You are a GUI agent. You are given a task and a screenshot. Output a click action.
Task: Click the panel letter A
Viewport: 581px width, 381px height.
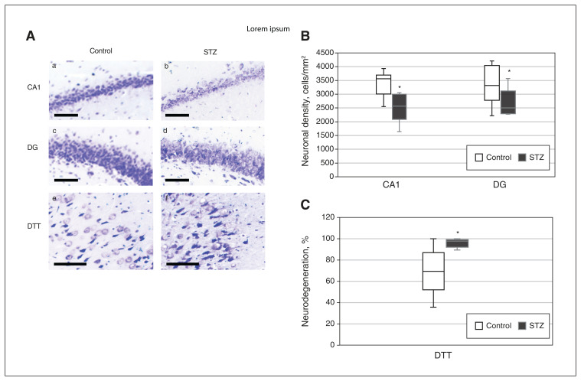pos(31,36)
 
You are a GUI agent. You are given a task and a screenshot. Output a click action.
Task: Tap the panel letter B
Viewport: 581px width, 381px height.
pos(305,36)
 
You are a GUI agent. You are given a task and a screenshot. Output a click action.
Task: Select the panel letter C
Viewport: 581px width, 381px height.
pos(305,205)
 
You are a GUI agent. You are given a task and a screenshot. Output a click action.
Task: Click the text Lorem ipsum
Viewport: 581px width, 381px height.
pos(268,29)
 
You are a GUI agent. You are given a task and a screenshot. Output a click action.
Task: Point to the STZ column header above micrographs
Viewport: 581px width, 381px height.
pos(210,52)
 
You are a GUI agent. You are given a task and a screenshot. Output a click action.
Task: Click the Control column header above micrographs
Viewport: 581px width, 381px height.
pos(101,51)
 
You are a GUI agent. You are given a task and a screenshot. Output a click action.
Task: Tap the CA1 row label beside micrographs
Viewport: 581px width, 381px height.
pos(34,87)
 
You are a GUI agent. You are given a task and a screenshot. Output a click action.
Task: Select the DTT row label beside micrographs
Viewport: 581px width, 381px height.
pos(34,226)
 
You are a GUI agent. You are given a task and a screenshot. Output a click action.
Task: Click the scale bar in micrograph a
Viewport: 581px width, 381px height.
pos(66,116)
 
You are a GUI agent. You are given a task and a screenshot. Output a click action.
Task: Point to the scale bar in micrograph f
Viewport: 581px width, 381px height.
pos(183,264)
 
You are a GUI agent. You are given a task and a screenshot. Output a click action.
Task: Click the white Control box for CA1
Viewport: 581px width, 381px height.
pos(384,84)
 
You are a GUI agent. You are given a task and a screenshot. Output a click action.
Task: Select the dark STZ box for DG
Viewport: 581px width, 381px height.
pos(508,103)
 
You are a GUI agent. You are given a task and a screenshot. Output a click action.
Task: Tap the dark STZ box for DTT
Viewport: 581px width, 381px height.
pos(457,243)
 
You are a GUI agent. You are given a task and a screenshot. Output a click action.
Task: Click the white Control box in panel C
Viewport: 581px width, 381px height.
pos(433,271)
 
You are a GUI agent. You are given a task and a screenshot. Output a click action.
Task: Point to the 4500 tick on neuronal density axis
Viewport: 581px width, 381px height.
pos(325,53)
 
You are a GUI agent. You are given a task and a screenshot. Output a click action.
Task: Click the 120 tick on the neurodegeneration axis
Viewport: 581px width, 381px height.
pos(328,217)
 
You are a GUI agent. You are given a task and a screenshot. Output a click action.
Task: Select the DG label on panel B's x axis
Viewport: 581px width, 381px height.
pos(500,184)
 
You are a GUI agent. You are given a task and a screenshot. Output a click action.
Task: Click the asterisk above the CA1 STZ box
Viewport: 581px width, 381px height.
pos(400,88)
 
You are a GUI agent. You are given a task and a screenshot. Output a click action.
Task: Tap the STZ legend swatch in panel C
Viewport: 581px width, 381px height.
pos(522,326)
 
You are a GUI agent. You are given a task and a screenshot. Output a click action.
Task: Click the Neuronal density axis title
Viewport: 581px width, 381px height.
pos(305,111)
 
